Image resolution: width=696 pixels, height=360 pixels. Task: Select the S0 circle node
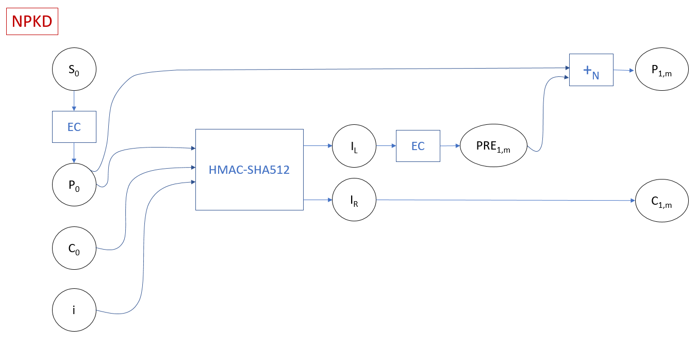(74, 69)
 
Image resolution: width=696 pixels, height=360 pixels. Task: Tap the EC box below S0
(74, 126)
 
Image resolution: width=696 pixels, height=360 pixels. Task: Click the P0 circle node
(74, 185)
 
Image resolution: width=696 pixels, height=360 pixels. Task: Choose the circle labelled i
(74, 311)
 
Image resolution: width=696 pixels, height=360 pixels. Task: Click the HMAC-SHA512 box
(249, 169)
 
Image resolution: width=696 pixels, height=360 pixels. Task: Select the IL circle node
(354, 146)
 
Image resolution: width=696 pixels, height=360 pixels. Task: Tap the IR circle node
(354, 200)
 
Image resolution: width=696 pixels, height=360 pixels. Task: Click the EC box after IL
(418, 146)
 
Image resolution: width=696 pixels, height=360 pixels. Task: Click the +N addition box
(591, 70)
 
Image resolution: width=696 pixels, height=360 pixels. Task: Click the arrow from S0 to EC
(74, 101)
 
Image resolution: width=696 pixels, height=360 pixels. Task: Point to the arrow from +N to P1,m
(624, 70)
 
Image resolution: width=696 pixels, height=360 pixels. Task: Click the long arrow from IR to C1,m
(505, 200)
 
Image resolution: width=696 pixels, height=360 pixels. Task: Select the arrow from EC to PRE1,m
(450, 146)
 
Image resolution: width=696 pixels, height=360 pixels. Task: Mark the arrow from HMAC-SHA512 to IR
(317, 200)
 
